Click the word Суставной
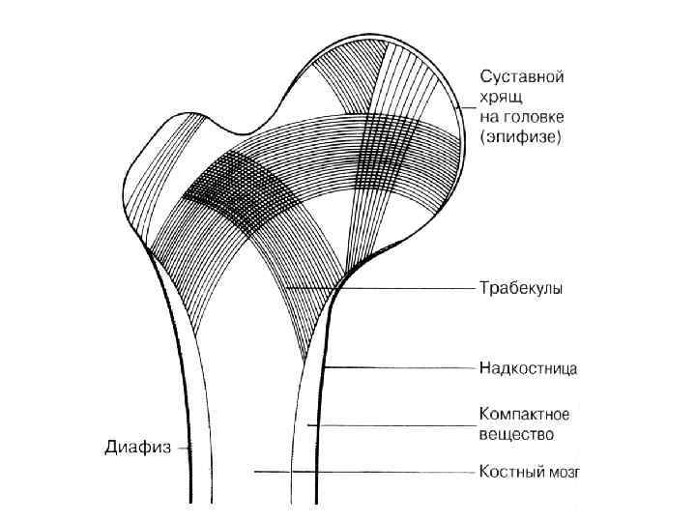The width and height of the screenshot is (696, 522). [x=521, y=75]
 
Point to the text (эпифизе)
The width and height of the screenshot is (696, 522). [x=521, y=137]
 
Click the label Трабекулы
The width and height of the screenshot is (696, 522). [x=522, y=288]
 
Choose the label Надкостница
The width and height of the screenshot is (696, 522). [x=529, y=368]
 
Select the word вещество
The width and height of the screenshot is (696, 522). [x=516, y=434]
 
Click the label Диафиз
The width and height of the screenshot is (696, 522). [x=137, y=448]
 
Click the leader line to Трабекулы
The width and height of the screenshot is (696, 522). [x=406, y=288]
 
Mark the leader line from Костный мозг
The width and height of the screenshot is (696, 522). [x=367, y=473]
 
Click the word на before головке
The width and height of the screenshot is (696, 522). [x=489, y=117]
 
